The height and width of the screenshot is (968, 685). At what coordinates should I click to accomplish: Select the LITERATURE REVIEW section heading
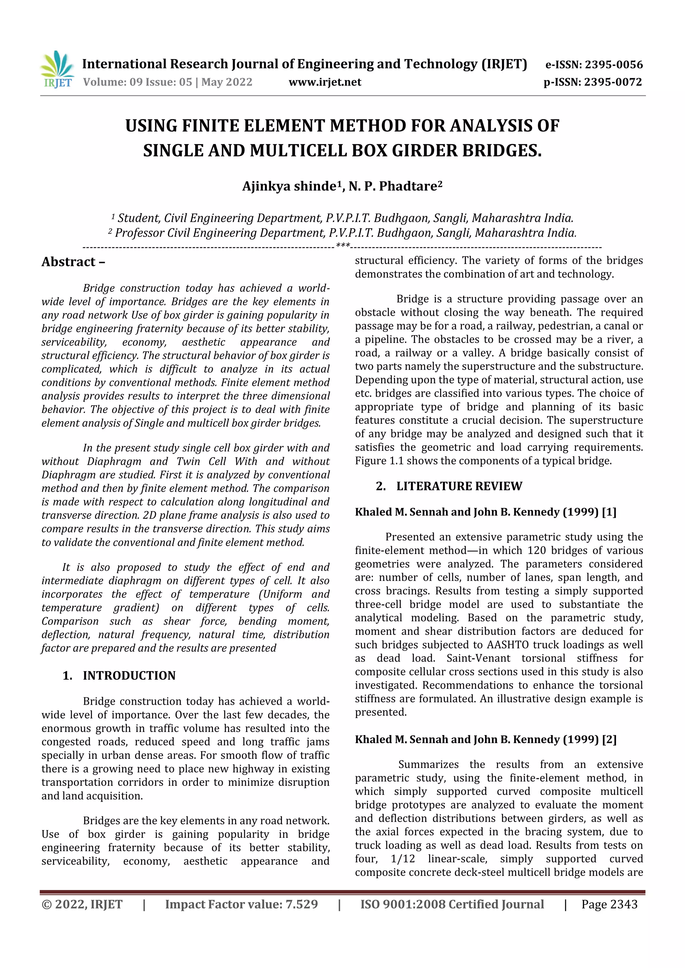point(459,486)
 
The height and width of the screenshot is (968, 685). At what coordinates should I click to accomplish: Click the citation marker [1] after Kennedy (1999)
point(609,512)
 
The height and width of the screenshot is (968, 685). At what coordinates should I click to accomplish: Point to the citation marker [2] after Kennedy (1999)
point(609,739)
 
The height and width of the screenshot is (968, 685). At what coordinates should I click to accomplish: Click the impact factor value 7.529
point(301,904)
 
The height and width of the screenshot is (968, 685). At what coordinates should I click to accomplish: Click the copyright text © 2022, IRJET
point(82,904)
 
